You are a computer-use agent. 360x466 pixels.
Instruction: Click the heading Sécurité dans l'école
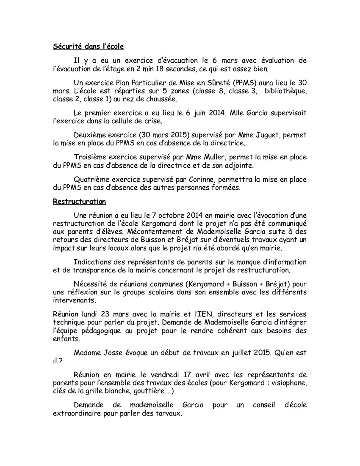pyautogui.click(x=88, y=47)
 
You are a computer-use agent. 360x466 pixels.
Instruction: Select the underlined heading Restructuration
pyautogui.click(x=79, y=201)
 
